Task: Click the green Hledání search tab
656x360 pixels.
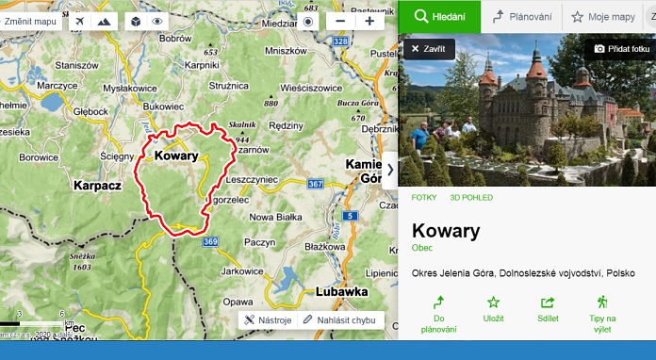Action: pos(438,17)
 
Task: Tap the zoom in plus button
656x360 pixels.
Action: pos(369,21)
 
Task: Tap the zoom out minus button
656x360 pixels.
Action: pos(340,21)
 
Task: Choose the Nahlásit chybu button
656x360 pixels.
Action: pos(340,320)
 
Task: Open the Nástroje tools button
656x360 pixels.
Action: pos(268,320)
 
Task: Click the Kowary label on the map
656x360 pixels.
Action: pos(176,156)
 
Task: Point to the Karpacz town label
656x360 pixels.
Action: pos(98,186)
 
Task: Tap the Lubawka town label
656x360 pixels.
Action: pos(342,291)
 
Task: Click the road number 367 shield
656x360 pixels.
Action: pos(315,183)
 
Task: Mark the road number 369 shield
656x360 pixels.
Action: pos(210,242)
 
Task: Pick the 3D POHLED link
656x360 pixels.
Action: pos(471,197)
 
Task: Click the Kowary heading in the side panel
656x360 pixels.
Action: pos(446,231)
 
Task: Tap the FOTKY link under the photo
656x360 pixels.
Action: pos(423,197)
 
